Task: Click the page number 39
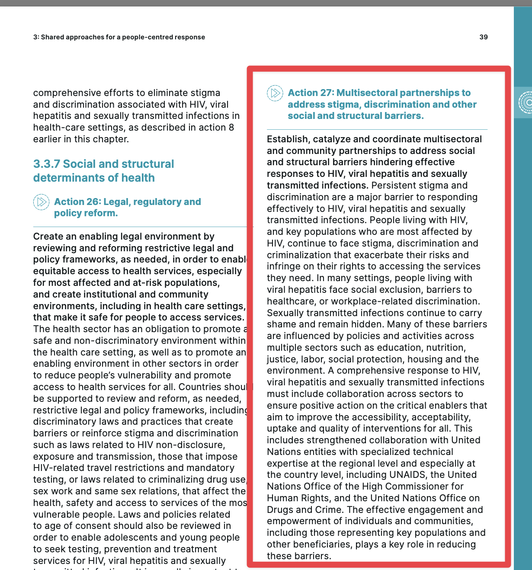(484, 37)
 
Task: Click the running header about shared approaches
(119, 37)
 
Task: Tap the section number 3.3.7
(47, 164)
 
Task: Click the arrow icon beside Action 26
(42, 202)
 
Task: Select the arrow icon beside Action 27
(275, 93)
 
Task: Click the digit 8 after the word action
(231, 128)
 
